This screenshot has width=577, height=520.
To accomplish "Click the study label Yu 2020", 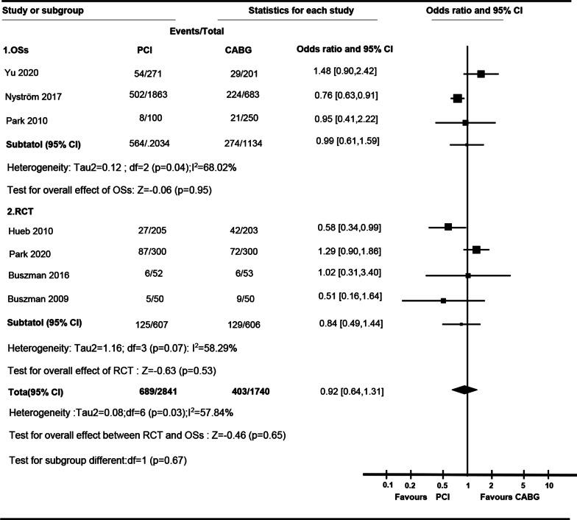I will point(23,73).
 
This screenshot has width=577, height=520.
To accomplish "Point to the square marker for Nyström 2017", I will point(457,98).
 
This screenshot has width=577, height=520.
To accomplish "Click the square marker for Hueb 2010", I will point(448,228).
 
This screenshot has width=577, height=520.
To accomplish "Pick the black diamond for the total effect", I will point(464,389).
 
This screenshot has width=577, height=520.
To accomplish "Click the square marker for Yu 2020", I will point(481,74).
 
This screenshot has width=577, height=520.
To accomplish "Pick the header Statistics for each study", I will point(301,11).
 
